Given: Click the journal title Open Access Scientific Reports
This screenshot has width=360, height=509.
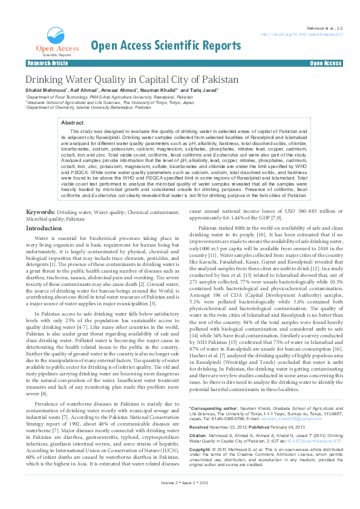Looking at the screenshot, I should tap(165, 46).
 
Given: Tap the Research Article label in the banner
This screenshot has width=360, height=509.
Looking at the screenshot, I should tap(48, 63).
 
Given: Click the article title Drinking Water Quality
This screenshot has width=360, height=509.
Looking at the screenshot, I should tap(123, 80).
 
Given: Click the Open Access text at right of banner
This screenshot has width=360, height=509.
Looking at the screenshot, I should tap(326, 63).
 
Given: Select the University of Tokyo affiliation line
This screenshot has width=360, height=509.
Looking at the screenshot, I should tap(110, 103).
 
